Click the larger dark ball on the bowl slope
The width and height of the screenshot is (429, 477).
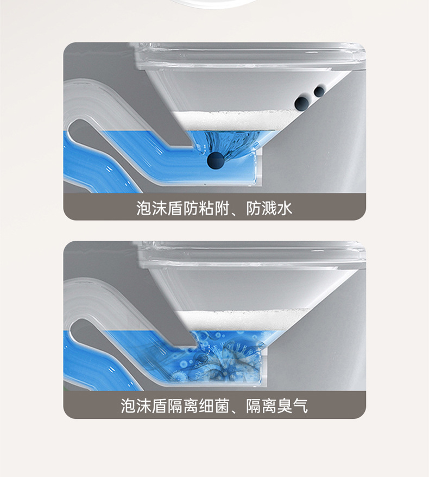[x=301, y=103]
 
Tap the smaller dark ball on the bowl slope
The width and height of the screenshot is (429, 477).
[x=319, y=91]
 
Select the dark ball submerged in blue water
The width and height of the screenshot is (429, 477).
[x=216, y=160]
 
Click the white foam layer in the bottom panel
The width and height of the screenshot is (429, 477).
[x=240, y=319]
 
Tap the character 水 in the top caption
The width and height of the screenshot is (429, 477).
[x=284, y=209]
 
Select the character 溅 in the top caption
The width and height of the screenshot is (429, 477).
[x=268, y=209]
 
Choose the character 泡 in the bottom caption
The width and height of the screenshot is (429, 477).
[x=128, y=406]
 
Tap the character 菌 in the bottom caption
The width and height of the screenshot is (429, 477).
[x=222, y=406]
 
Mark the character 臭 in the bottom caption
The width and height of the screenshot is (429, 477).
[x=284, y=406]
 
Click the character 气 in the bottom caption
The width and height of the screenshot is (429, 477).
[x=300, y=406]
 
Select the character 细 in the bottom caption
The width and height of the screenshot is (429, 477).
[x=207, y=406]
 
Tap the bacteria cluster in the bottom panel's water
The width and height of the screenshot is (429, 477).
[x=222, y=357]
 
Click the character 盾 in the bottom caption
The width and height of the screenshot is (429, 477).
[x=160, y=406]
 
